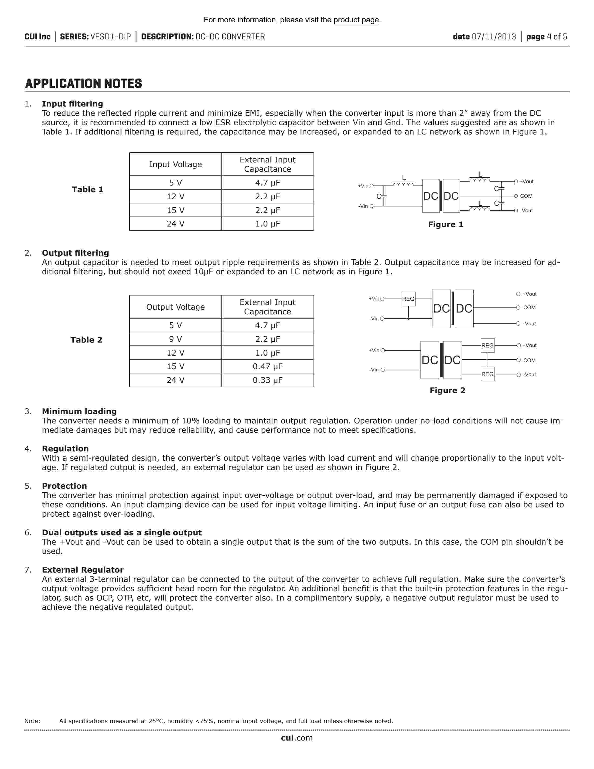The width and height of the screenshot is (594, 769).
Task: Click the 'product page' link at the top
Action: point(356,20)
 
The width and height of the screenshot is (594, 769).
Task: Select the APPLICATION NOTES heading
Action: point(83,84)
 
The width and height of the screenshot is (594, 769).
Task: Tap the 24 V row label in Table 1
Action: point(175,224)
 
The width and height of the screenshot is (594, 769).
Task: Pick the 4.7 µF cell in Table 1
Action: point(267,183)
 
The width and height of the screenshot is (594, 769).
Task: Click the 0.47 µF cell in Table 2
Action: point(267,367)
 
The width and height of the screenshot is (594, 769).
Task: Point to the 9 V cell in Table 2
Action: point(175,339)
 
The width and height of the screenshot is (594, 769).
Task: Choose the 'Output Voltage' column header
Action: point(175,307)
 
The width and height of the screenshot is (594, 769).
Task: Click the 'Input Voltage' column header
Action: point(175,165)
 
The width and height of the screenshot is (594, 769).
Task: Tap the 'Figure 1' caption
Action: point(445,225)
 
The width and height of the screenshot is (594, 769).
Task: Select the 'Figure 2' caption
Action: point(447,391)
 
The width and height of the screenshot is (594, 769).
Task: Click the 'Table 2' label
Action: point(86,340)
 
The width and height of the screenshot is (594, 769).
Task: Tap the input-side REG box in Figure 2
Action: point(408,299)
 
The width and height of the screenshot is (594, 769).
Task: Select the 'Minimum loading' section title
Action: point(79,411)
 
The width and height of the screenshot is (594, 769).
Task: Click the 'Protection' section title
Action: point(64,486)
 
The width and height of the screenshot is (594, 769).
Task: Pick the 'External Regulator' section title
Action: point(83,570)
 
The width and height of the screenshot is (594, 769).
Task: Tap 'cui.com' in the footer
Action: point(297,738)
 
